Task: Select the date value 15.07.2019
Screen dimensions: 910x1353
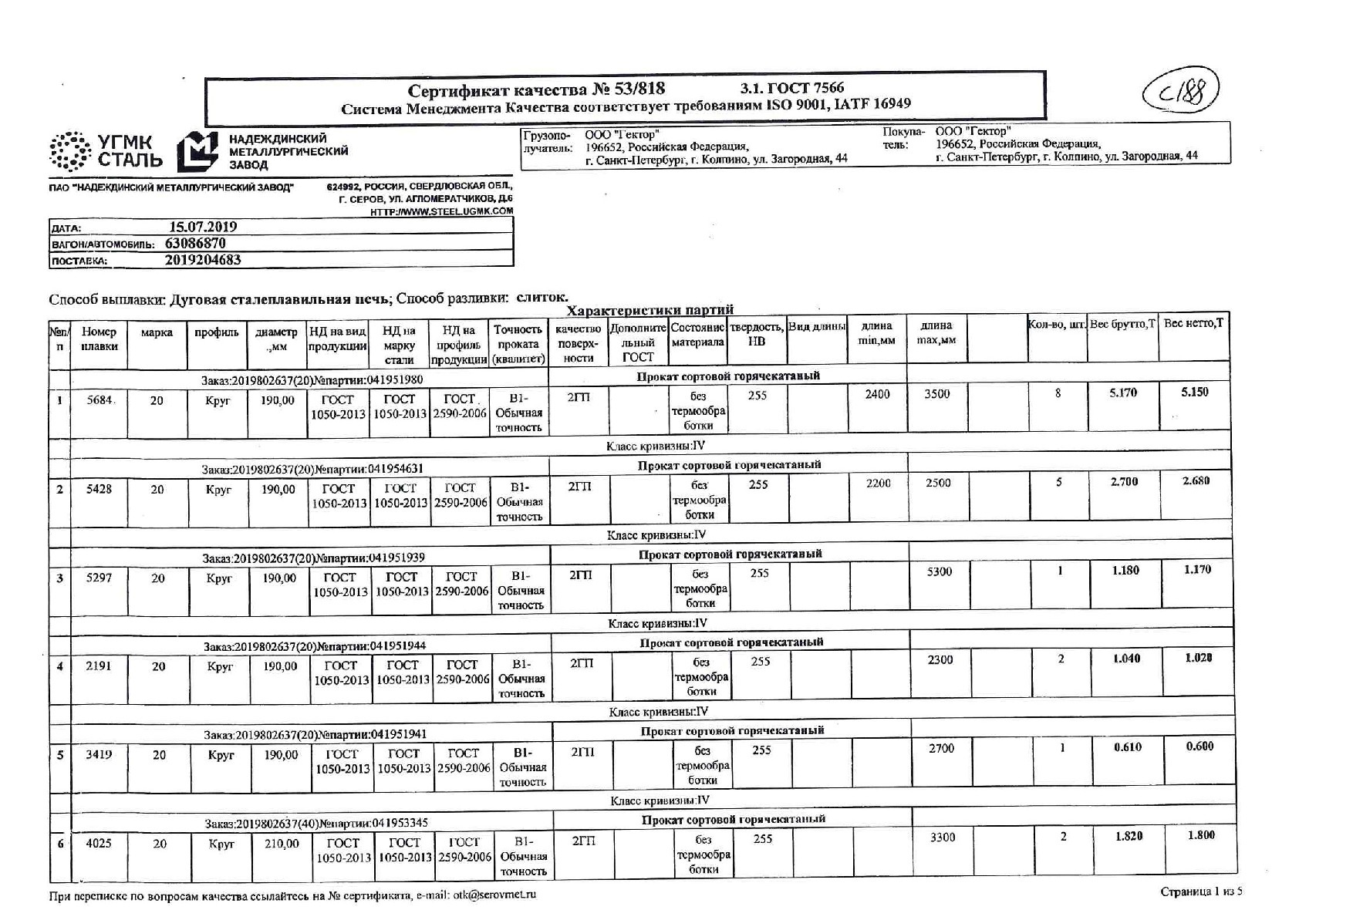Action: click(x=203, y=227)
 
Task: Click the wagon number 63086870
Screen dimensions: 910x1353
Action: click(x=195, y=243)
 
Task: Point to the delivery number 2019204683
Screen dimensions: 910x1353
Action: click(x=203, y=260)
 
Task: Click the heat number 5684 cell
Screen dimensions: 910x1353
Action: click(x=100, y=400)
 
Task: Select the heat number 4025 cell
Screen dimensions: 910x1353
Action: click(x=99, y=843)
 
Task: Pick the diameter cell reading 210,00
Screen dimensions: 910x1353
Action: click(x=282, y=844)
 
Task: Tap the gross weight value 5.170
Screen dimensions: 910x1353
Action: click(x=1123, y=393)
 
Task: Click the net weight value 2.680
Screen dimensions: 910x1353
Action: click(x=1196, y=480)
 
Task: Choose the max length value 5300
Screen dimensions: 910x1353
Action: click(x=939, y=571)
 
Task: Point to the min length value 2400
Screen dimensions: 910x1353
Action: click(x=877, y=394)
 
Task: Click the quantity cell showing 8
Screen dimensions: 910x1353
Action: click(x=1058, y=393)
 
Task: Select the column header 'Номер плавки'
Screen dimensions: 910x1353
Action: click(x=100, y=339)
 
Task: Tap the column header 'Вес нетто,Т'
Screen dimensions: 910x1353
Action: click(x=1193, y=323)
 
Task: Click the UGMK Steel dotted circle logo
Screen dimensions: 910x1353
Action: click(x=71, y=151)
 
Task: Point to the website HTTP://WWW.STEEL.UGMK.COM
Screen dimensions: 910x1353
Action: click(x=441, y=211)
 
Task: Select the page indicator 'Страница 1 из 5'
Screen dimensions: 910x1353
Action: click(x=1201, y=891)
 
